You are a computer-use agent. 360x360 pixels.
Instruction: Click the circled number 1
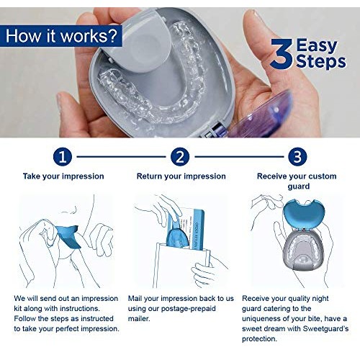coord(63,156)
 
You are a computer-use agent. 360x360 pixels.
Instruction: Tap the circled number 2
coord(181,156)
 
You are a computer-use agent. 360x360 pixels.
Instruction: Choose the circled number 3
coord(297,156)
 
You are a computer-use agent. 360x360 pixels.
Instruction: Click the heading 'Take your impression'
coord(63,176)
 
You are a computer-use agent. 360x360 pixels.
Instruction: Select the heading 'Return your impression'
coord(181,176)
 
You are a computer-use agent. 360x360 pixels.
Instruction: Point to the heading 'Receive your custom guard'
coord(297,181)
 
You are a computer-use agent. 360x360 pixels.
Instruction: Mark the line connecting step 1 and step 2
coord(122,156)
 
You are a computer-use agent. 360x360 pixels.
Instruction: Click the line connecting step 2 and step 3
coord(238,156)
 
